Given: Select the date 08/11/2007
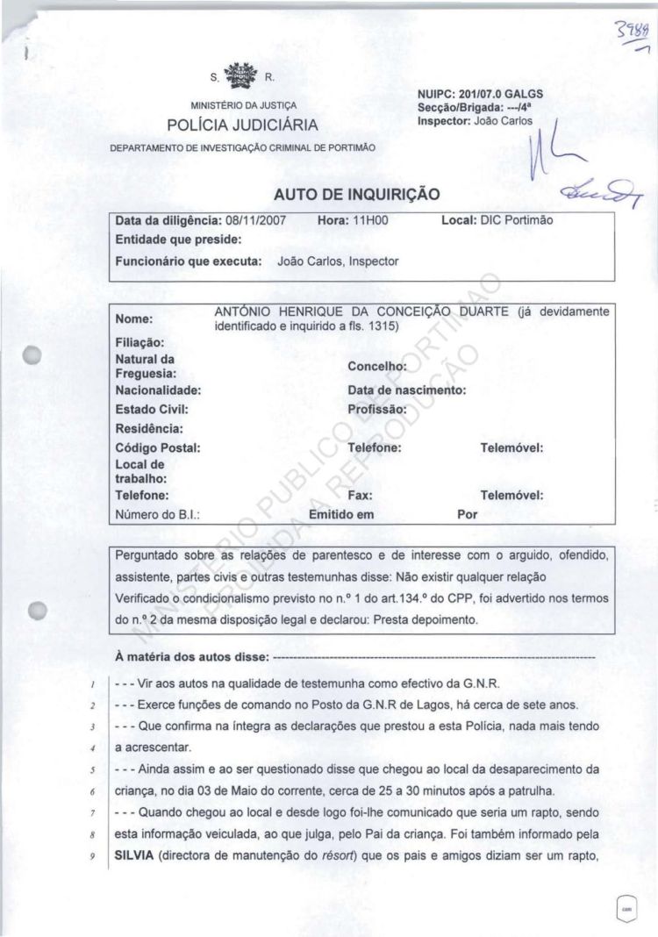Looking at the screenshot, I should click(261, 222).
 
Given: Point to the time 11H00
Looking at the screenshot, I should click(371, 222).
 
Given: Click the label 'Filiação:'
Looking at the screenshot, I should click(140, 342).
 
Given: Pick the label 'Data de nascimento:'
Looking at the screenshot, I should click(406, 390).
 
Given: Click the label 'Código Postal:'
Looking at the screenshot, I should click(158, 447).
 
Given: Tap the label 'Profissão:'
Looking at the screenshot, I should click(377, 409).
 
